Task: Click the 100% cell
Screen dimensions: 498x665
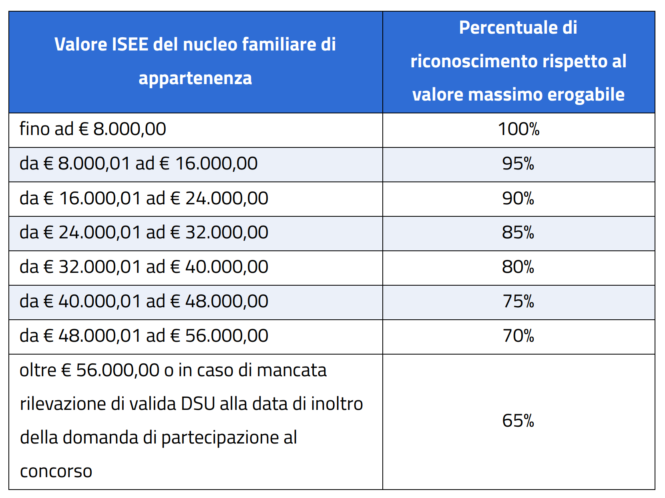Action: [518, 129]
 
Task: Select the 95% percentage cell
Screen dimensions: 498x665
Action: [518, 164]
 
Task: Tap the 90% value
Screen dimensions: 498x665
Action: [518, 198]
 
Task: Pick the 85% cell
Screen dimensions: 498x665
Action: [518, 233]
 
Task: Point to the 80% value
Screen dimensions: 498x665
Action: [518, 267]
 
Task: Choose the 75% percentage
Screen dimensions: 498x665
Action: [518, 302]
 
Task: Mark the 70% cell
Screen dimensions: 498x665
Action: [518, 336]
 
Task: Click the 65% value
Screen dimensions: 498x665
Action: [518, 421]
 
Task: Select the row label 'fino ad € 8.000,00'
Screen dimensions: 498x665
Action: [92, 129]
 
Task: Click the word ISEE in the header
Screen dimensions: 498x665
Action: [130, 44]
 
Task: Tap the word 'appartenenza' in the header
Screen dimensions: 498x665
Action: [195, 78]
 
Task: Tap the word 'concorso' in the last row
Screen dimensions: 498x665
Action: [56, 471]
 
